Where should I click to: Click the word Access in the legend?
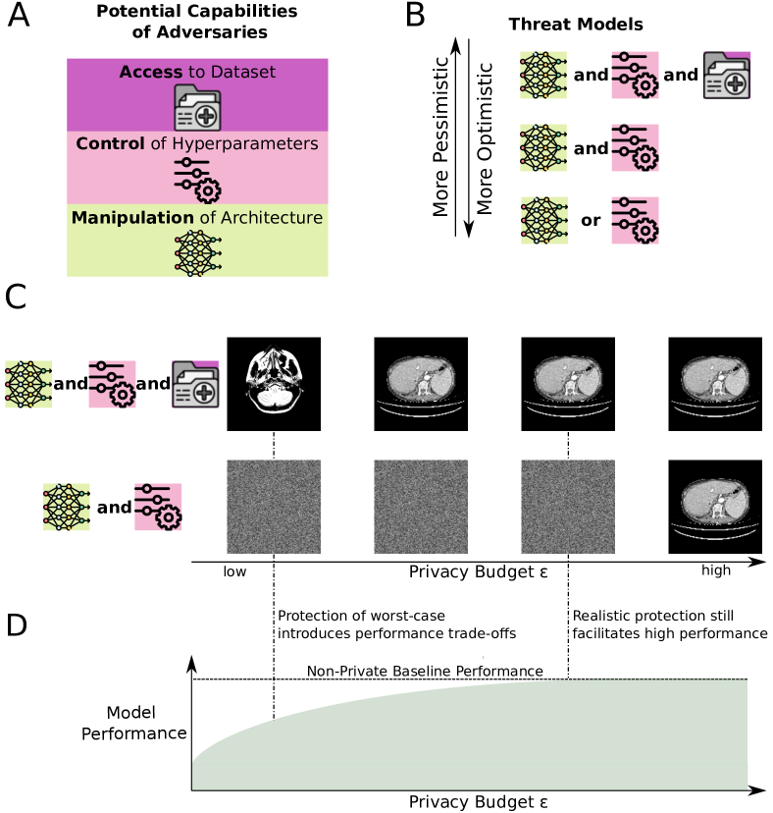pyautogui.click(x=150, y=72)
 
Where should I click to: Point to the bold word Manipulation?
pyautogui.click(x=132, y=217)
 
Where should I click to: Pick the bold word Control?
pyautogui.click(x=110, y=143)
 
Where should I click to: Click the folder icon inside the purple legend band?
pyautogui.click(x=197, y=107)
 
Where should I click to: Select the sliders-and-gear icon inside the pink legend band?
pyautogui.click(x=197, y=180)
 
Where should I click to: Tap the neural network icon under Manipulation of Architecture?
pyautogui.click(x=197, y=252)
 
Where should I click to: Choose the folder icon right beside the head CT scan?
pyautogui.click(x=196, y=384)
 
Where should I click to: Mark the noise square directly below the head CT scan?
pyautogui.click(x=274, y=507)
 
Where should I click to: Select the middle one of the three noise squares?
pyautogui.click(x=421, y=507)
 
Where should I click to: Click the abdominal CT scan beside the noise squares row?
pyautogui.click(x=716, y=506)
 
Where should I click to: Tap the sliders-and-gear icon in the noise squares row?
pyautogui.click(x=158, y=507)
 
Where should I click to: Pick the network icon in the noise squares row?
pyautogui.click(x=67, y=507)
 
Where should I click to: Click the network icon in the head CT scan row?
pyautogui.click(x=28, y=384)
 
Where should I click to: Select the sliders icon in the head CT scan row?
pyautogui.click(x=112, y=384)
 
